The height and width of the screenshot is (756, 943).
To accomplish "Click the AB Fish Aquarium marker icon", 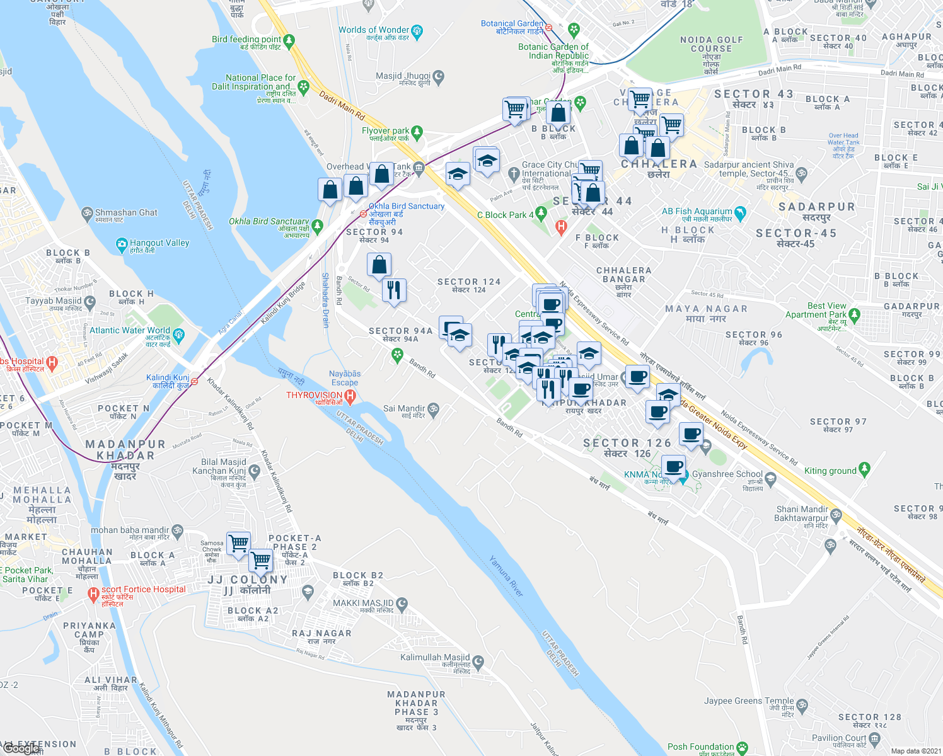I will pos(740,213).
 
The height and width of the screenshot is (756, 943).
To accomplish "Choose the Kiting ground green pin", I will pos(864,469).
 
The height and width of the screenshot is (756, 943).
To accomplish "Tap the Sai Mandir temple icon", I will pos(433,409).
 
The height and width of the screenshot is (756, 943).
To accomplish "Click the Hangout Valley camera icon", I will pos(122,243).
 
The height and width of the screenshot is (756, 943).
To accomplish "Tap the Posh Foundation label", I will pos(700,747).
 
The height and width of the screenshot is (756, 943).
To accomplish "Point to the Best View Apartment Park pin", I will pos(854,314).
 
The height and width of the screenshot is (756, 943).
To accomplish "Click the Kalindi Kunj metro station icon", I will pos(195,381).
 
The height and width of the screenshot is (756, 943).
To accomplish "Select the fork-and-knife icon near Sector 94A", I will pos(394,290).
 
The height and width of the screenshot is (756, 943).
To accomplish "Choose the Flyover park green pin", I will pos(416,133).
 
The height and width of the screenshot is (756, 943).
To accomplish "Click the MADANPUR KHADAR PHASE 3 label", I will pos(416,707).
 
